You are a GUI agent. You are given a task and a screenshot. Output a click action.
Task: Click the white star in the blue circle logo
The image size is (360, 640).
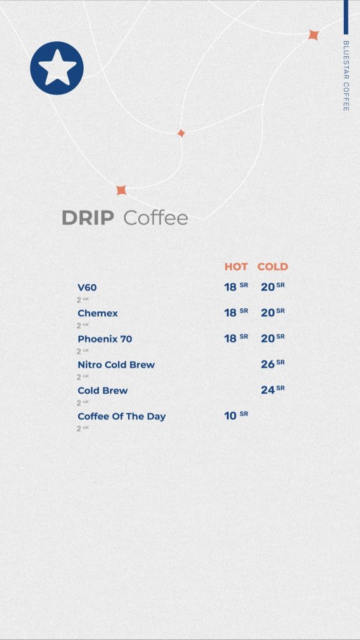[57, 67]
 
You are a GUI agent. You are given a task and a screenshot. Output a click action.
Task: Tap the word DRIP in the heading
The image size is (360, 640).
[87, 217]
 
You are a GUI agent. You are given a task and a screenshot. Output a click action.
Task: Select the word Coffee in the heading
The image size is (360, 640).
[156, 217]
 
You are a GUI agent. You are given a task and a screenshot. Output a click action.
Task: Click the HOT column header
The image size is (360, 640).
[236, 266]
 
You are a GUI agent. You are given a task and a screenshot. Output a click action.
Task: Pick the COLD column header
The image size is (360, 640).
[272, 266]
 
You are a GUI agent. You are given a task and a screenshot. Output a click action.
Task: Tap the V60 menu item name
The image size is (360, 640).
[87, 287]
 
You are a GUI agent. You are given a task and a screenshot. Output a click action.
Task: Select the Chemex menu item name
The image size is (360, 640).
[97, 313]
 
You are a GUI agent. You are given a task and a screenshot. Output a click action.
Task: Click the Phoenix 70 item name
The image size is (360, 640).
[105, 339]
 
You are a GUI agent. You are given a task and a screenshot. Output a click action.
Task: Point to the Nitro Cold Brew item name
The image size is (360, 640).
[116, 364]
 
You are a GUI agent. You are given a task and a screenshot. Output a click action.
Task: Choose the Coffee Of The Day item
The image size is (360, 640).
[122, 416]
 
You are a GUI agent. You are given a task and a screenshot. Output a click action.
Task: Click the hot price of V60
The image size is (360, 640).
[236, 286]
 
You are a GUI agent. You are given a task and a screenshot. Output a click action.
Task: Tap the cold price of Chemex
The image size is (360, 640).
[272, 312]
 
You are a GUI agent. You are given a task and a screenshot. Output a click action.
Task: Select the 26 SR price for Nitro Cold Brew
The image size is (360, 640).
[272, 364]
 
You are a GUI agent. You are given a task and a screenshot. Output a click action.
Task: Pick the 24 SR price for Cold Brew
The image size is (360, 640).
[272, 389]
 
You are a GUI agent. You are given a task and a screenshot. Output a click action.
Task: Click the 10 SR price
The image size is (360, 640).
[236, 415]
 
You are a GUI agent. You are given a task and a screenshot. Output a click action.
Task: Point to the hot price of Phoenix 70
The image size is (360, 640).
[236, 338]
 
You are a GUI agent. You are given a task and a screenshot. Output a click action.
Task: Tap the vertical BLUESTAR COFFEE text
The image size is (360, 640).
[346, 76]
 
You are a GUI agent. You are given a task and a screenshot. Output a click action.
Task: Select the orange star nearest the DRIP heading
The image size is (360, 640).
[121, 190]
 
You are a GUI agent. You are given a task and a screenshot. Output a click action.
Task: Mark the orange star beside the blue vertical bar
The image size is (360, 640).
[313, 35]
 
